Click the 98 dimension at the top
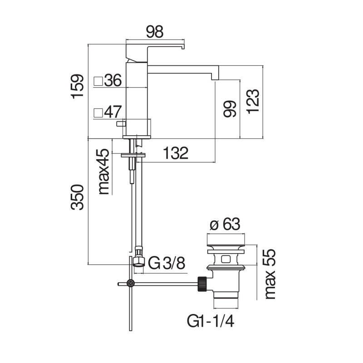pyautogui.click(x=155, y=32)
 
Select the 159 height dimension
pyautogui.click(x=77, y=86)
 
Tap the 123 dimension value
pyautogui.click(x=253, y=101)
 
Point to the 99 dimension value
pyautogui.click(x=230, y=109)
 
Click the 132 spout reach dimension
pyautogui.click(x=176, y=153)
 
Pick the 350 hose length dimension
pyautogui.click(x=77, y=197)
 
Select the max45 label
pyautogui.click(x=103, y=172)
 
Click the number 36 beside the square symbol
pyautogui.click(x=113, y=80)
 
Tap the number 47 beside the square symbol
pyautogui.click(x=113, y=112)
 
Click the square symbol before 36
pyautogui.click(x=98, y=81)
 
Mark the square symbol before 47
pyautogui.click(x=98, y=113)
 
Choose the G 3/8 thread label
pyautogui.click(x=167, y=263)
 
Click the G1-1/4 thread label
pyautogui.click(x=211, y=321)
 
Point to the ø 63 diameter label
pyautogui.click(x=225, y=224)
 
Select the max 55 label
pyautogui.click(x=270, y=274)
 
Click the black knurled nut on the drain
pyautogui.click(x=202, y=284)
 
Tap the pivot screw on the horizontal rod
pyautogui.click(x=131, y=283)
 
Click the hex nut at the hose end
pyautogui.click(x=139, y=262)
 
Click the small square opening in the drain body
pyautogui.click(x=226, y=259)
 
